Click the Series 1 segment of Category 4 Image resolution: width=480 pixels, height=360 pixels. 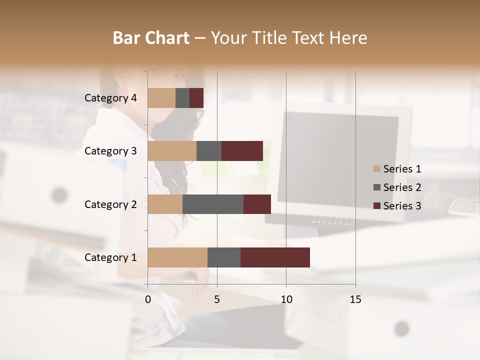coord(161,98)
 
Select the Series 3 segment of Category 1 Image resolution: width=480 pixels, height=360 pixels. coord(275,257)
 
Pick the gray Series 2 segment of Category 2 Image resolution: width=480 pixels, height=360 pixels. coord(213,204)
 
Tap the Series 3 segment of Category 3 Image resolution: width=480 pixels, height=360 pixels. coord(242,151)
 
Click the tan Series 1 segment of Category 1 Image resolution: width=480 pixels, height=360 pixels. coord(177,257)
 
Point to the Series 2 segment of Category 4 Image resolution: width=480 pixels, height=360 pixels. coord(182,98)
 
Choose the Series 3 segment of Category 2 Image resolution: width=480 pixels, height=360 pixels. coord(257,204)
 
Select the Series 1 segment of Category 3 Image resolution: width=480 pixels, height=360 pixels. coord(172,151)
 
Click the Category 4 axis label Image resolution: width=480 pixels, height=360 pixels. coord(110,98)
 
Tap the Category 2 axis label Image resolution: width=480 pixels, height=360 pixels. coord(110,204)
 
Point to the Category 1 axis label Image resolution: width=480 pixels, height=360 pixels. coord(110,257)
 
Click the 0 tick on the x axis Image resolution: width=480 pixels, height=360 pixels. coord(148,299)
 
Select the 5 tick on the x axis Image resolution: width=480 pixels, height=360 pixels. coord(217,299)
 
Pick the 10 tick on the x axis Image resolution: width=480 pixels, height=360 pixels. coord(286,299)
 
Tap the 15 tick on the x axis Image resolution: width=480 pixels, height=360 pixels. coord(355,299)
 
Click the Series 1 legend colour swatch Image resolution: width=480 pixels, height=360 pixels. coord(376,169)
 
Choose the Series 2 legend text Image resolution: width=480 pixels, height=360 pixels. coord(402,187)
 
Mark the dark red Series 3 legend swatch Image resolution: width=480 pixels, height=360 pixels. coord(376,206)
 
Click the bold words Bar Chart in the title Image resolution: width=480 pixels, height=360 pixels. coord(151,37)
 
